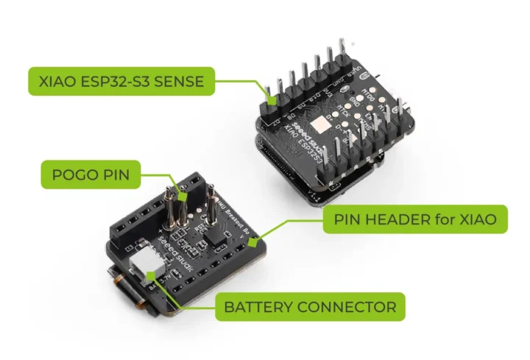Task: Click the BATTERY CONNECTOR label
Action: [310, 306]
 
